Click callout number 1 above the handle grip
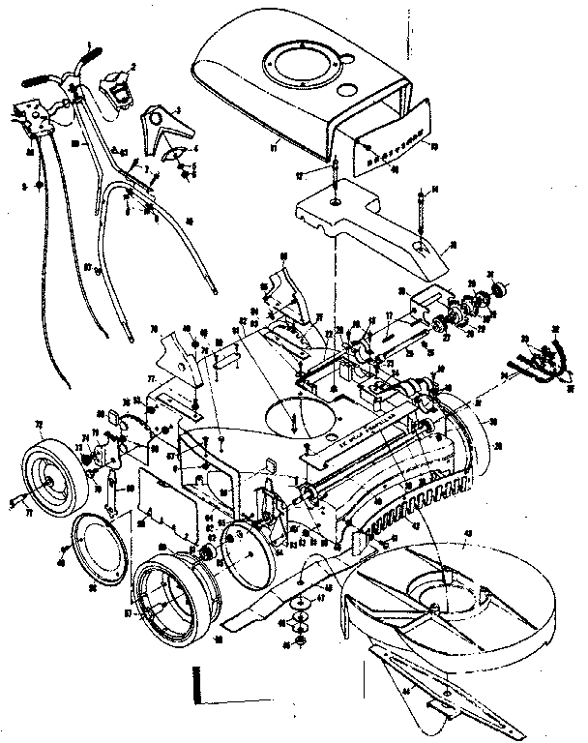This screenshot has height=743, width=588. [x=89, y=45]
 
